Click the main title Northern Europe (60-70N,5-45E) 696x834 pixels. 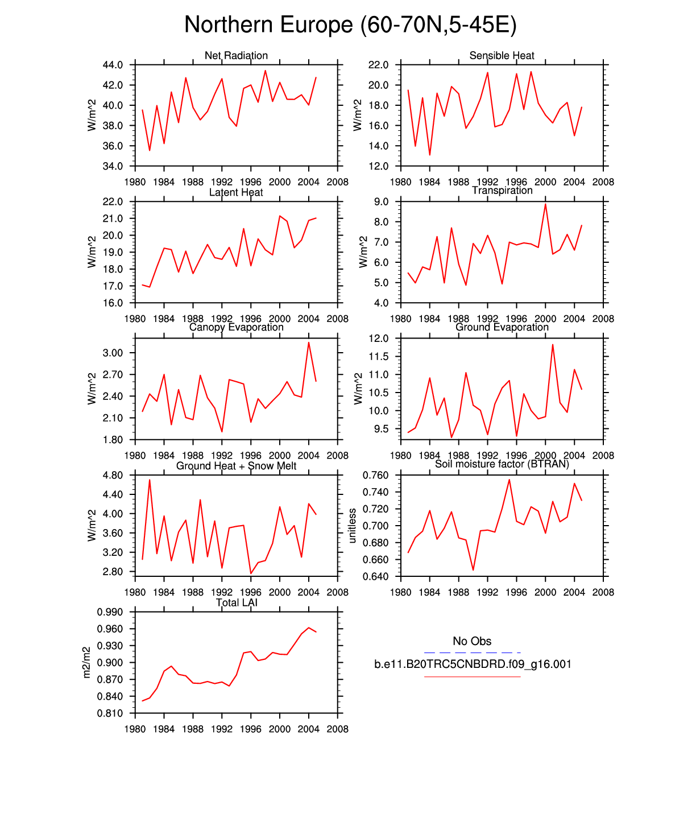[350, 25]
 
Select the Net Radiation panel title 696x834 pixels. [236, 55]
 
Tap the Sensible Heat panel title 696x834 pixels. [502, 55]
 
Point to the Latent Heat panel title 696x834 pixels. [236, 192]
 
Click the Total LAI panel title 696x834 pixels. [237, 603]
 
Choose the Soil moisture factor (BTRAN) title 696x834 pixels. [502, 464]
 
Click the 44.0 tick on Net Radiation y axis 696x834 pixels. [113, 65]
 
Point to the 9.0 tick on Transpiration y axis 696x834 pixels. [382, 202]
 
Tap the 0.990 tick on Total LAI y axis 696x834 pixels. [110, 612]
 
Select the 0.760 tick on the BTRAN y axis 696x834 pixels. [376, 475]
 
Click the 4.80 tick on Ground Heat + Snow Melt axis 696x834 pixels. [113, 475]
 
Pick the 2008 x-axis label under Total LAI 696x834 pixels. [338, 729]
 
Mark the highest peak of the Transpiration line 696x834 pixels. [545, 204]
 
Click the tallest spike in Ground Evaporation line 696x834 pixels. [553, 344]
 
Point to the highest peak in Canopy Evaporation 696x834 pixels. [309, 342]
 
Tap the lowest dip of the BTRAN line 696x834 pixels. [473, 570]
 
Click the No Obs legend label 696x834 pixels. [472, 641]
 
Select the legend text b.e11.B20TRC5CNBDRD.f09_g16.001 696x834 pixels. [473, 664]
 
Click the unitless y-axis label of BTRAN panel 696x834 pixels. [353, 526]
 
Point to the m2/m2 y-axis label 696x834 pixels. [86, 662]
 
